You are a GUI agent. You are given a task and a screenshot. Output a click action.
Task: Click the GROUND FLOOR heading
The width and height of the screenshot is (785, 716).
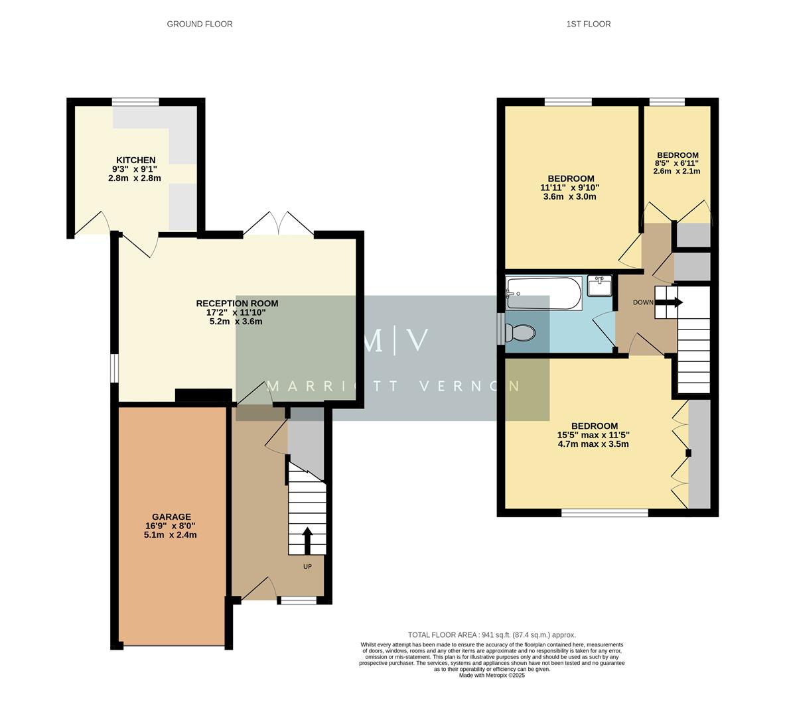pos(199,24)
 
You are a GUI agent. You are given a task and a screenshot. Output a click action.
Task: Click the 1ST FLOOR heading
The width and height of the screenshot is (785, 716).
pos(588,24)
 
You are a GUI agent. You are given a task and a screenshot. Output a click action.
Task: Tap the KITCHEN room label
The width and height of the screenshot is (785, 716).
pos(135,160)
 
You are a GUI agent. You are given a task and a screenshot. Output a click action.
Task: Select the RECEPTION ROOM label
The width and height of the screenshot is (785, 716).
pos(237,304)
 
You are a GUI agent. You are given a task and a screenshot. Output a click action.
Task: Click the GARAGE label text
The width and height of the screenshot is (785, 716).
pos(171,517)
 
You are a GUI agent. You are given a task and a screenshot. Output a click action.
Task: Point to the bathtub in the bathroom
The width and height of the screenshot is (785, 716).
pos(543,293)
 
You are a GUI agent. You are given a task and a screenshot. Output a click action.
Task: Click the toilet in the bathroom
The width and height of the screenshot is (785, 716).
pos(519,332)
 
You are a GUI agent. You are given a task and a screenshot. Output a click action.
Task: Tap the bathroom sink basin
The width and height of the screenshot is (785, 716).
pos(599,286)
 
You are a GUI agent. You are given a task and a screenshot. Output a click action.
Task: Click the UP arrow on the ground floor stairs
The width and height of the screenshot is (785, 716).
pos(307,539)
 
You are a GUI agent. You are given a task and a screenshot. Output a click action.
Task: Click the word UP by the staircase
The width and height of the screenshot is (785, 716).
pos(307,567)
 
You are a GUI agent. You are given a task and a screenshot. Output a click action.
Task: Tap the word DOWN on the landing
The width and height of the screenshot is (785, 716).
pos(643,303)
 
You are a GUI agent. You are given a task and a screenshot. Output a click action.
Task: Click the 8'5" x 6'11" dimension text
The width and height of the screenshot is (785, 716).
pos(677,163)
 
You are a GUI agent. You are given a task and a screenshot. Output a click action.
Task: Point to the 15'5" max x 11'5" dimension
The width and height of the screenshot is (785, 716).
pos(593,436)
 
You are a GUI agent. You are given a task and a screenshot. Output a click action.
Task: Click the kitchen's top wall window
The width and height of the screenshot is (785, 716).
pos(135,101)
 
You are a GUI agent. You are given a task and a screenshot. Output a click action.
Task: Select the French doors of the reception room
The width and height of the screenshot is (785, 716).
pos(279,225)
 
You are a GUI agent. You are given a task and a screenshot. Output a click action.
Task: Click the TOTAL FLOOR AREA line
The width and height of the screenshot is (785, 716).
pos(491,634)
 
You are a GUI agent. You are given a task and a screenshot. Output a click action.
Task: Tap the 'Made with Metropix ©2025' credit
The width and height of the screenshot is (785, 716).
pos(491,676)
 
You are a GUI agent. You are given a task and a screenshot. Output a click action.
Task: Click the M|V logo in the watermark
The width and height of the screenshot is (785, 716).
pos(395,340)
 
